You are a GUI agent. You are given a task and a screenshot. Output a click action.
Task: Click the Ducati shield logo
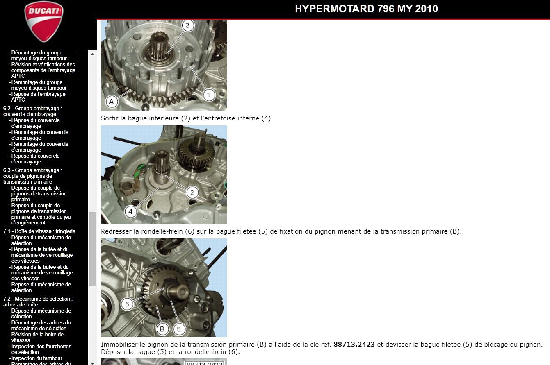(x=44, y=21)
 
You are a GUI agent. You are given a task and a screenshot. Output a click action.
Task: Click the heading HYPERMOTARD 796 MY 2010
(x=366, y=9)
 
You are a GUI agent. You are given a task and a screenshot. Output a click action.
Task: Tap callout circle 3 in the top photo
(x=187, y=25)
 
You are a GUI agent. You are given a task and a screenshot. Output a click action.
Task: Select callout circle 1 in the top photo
(x=208, y=95)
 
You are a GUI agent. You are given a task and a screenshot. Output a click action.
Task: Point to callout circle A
(x=112, y=101)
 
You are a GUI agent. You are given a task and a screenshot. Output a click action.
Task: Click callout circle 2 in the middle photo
(x=192, y=193)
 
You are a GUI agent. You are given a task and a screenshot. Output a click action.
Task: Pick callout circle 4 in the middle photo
(x=130, y=211)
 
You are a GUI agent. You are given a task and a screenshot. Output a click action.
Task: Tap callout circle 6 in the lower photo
(x=127, y=304)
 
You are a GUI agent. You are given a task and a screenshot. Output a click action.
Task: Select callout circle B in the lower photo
(x=162, y=329)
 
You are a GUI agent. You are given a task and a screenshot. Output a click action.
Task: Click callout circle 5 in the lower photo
(x=179, y=329)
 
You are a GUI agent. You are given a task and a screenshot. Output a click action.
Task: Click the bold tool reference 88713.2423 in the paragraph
(x=354, y=345)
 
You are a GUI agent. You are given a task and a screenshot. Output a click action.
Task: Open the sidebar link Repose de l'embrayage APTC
(x=38, y=97)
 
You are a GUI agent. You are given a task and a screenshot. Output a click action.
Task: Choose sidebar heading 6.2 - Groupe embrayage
(x=32, y=111)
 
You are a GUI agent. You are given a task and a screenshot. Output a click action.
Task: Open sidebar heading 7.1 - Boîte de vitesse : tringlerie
(x=39, y=231)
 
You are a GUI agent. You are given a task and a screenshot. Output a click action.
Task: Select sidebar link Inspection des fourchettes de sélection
(x=41, y=349)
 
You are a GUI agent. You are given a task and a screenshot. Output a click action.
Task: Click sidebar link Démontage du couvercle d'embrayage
(x=40, y=135)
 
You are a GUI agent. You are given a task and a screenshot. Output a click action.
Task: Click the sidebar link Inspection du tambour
(x=37, y=358)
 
